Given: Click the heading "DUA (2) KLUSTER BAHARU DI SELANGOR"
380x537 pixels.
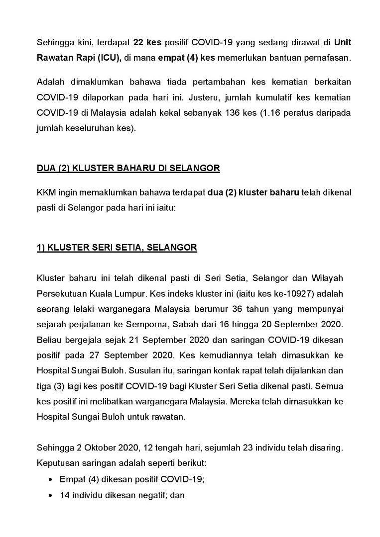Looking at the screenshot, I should pyautogui.click(x=128, y=168).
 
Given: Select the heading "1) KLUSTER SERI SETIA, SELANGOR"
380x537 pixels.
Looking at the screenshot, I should pyautogui.click(x=117, y=248).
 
